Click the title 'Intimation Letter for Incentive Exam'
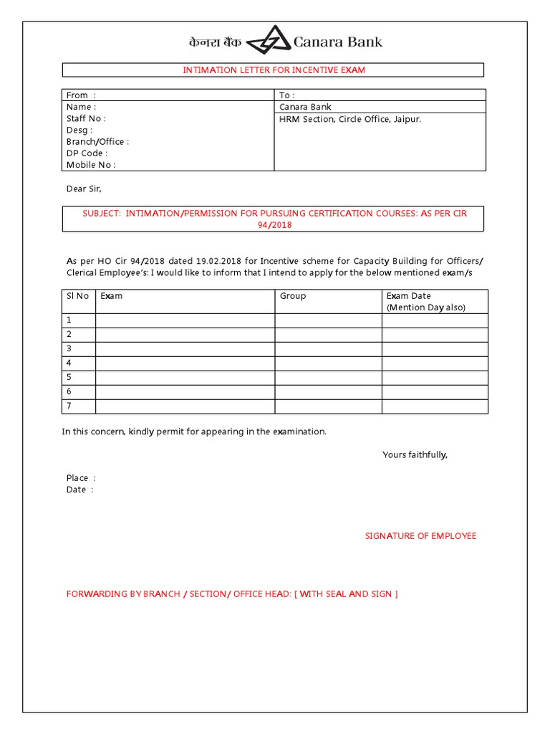(274, 70)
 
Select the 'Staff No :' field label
(86, 118)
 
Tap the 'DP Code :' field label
(87, 153)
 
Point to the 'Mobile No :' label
(91, 164)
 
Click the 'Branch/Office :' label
(97, 141)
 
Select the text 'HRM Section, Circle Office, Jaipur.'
(350, 119)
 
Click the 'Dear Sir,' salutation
(84, 189)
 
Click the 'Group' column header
(293, 296)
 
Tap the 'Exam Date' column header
(409, 296)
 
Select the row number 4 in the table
(69, 363)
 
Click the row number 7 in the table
(69, 406)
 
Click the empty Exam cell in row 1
(185, 320)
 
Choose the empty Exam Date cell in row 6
(434, 391)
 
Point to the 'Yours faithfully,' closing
(415, 454)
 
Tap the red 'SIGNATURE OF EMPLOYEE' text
(420, 536)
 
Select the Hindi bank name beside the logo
(215, 42)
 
